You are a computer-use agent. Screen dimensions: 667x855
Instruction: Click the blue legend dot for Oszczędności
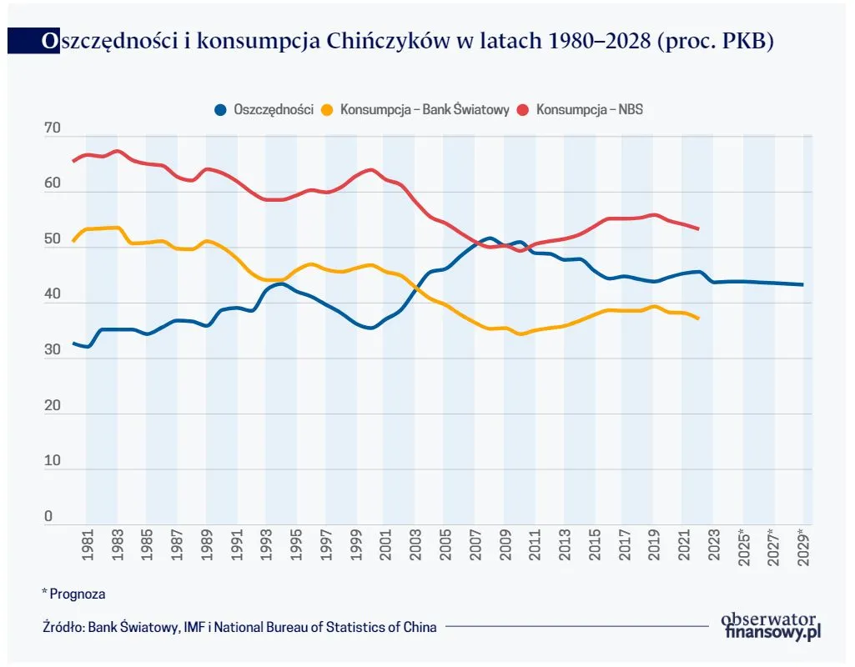click(x=221, y=110)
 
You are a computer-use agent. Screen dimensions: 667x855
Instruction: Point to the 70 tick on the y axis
click(x=53, y=128)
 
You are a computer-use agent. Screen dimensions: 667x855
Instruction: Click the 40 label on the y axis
click(x=53, y=295)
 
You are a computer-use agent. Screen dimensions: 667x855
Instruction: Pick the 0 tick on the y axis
click(x=48, y=517)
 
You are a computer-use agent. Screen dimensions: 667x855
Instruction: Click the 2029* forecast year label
click(x=803, y=547)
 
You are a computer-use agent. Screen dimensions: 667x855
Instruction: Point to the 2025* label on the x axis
click(x=744, y=547)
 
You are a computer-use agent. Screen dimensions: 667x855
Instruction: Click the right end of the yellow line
click(x=697, y=318)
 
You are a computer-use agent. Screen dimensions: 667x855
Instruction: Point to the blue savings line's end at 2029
click(x=802, y=284)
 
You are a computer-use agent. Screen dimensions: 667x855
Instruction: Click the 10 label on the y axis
click(x=53, y=461)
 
